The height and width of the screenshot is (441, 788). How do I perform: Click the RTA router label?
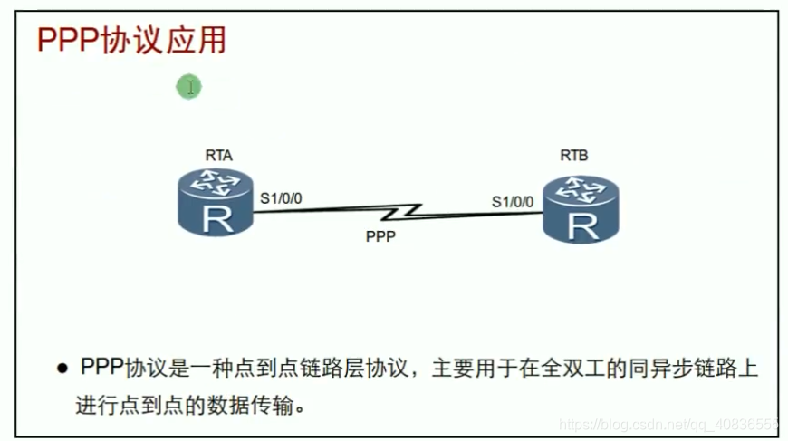[x=218, y=156]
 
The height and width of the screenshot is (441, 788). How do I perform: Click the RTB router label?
[x=573, y=156]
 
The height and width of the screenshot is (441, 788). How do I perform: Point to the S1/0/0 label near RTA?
[x=281, y=196]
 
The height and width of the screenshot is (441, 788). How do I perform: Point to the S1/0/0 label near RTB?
[x=513, y=201]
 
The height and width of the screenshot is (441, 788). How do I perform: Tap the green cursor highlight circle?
[x=188, y=87]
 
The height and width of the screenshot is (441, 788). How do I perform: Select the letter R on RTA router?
[x=216, y=218]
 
